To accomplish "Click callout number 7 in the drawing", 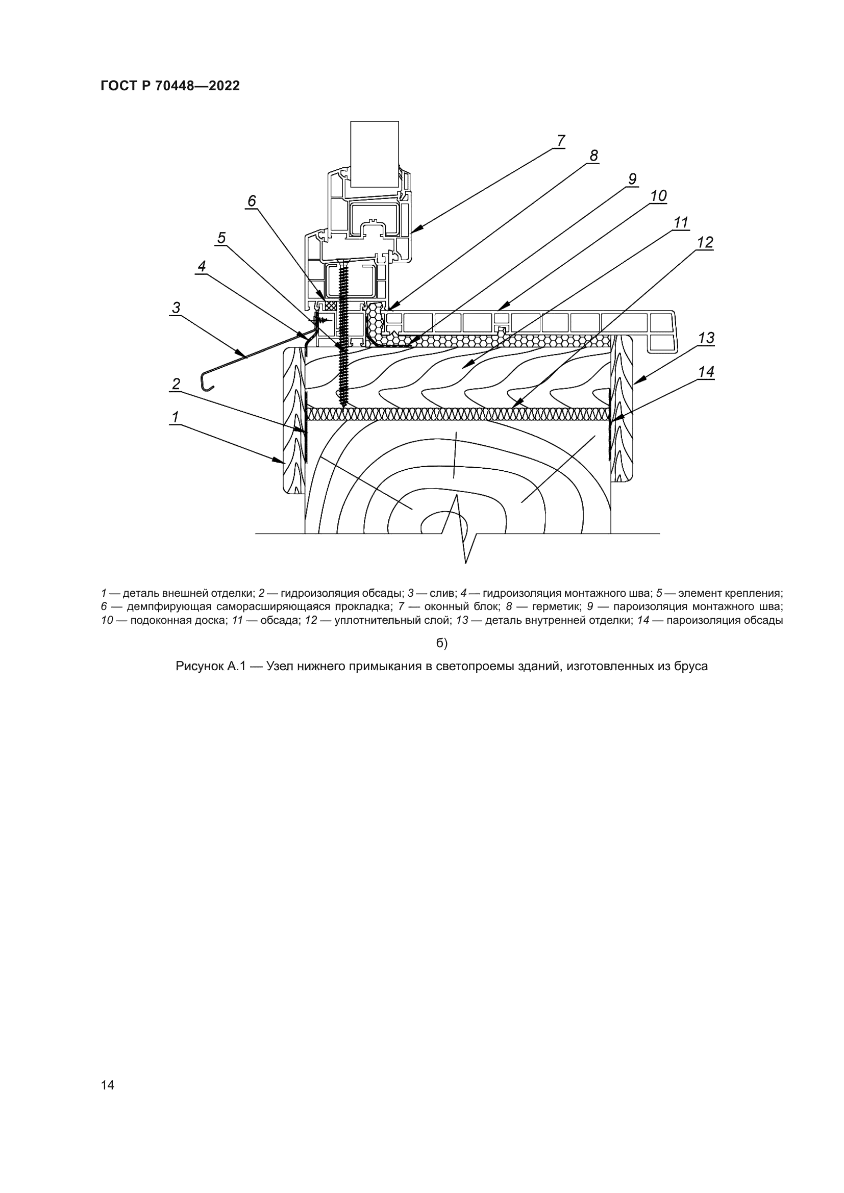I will [x=560, y=141].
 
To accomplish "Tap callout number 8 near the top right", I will [x=593, y=156].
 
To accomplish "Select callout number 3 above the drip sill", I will [x=177, y=308].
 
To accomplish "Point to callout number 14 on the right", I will [x=706, y=372].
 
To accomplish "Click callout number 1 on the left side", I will [x=175, y=417].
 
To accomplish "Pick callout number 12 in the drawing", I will [x=705, y=243].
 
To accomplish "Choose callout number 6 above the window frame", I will [x=252, y=201].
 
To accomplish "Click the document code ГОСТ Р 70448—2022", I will [x=170, y=86].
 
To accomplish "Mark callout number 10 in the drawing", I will [x=658, y=196].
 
